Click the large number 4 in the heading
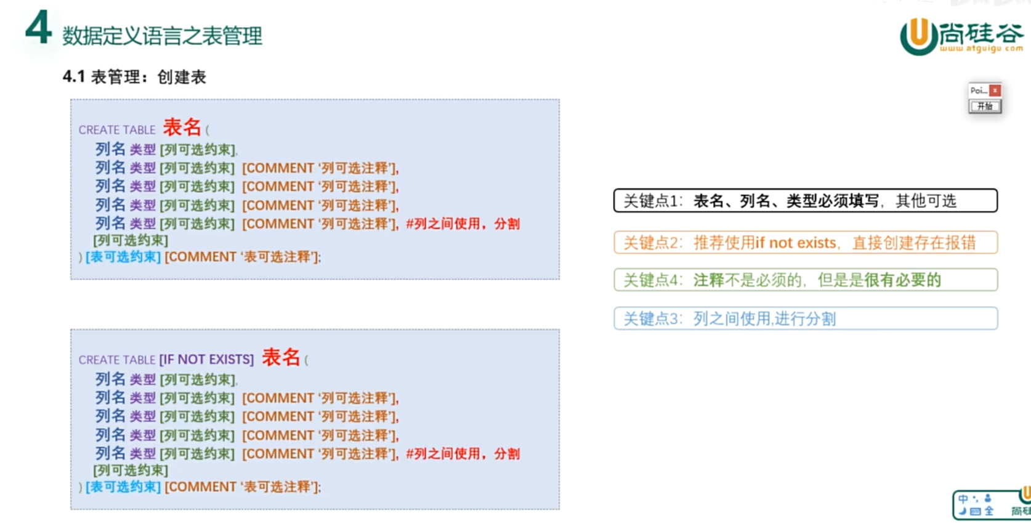(x=38, y=29)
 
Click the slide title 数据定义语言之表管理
(x=162, y=36)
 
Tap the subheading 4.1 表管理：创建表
(x=134, y=77)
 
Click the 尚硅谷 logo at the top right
(x=961, y=37)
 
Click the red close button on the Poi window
(x=995, y=91)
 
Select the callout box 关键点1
(x=805, y=201)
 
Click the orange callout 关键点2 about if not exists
(x=805, y=243)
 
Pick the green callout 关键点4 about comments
(x=805, y=280)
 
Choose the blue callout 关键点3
(x=805, y=318)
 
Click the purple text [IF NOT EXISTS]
(x=206, y=360)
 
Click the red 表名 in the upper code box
(x=182, y=128)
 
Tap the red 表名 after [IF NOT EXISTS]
(x=281, y=357)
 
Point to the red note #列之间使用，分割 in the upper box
(x=463, y=224)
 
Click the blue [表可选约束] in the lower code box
(x=123, y=487)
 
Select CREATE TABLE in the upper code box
(x=117, y=130)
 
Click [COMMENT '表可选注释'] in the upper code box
(x=242, y=257)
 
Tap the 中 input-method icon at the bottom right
(x=963, y=499)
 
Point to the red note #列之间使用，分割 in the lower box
(x=463, y=454)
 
